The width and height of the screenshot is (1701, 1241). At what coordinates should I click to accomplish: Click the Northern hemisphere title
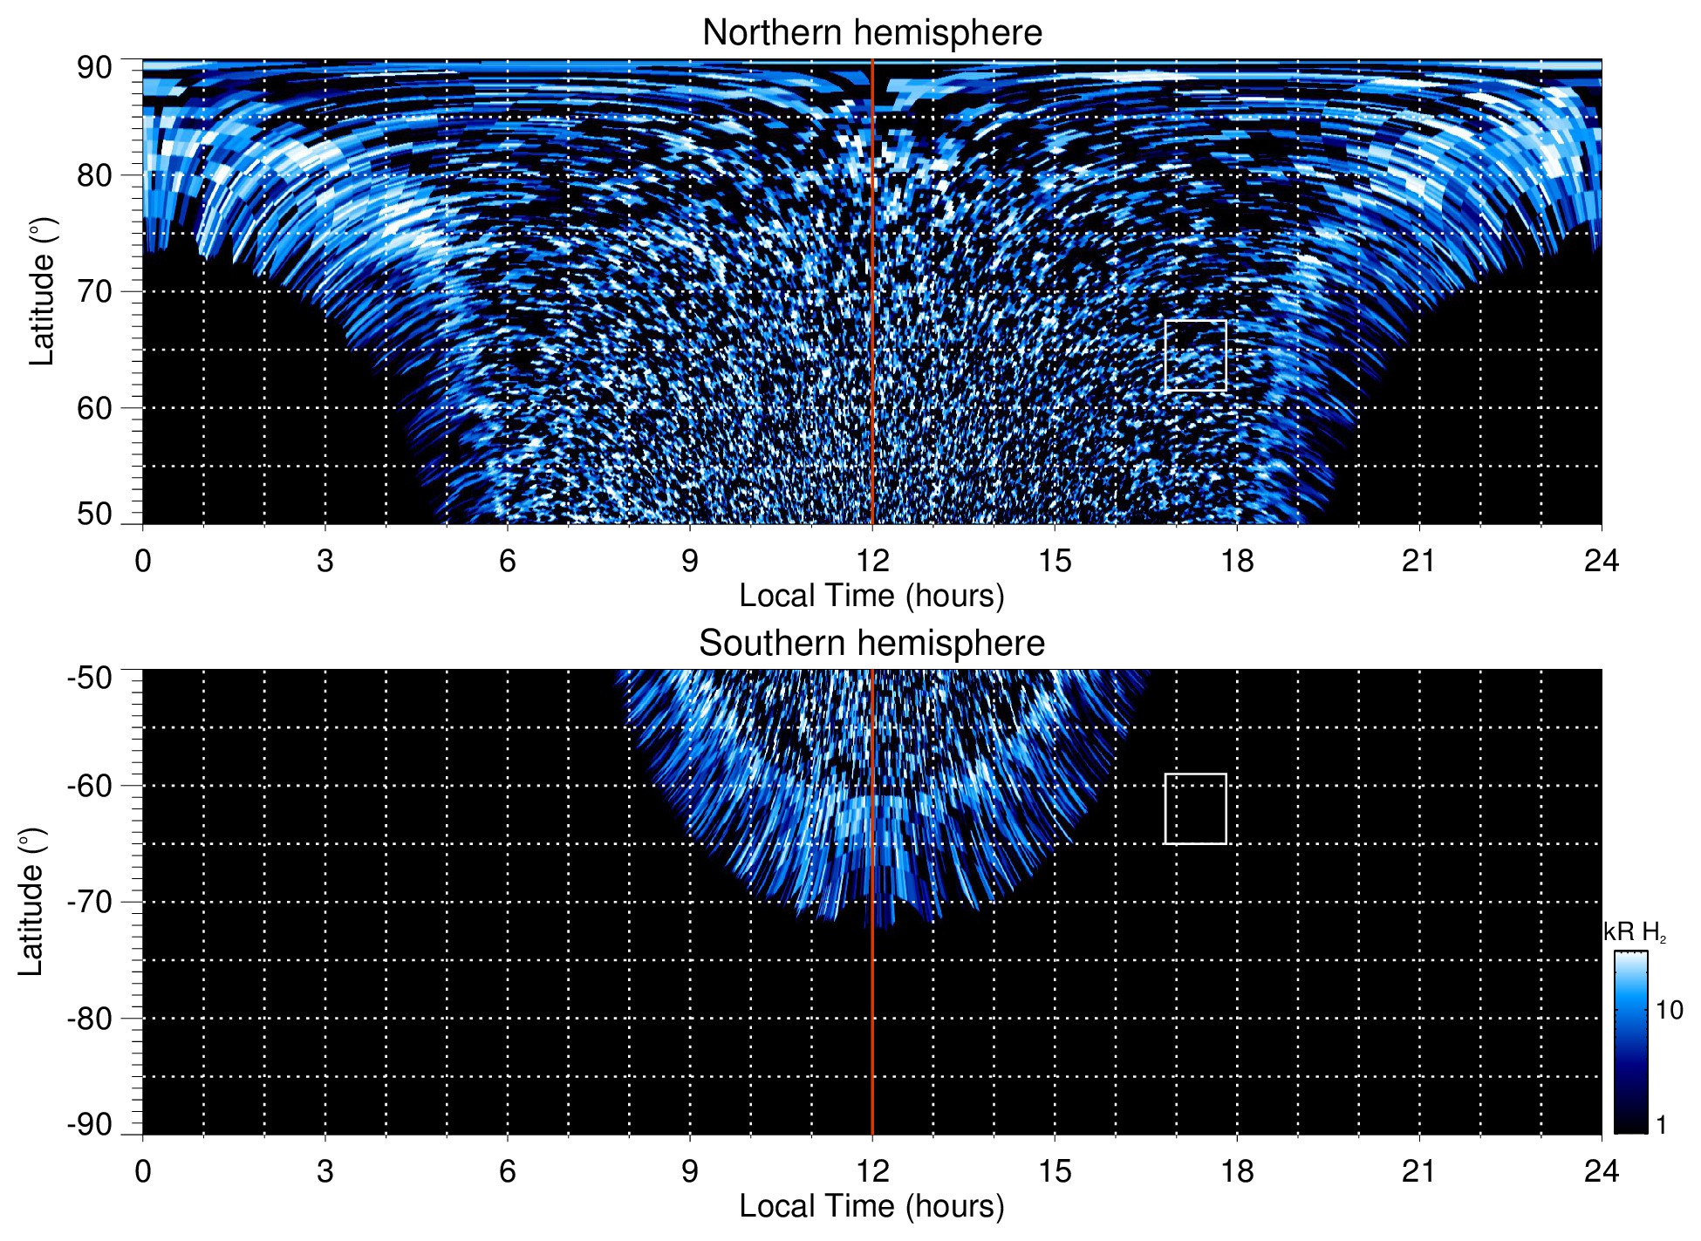click(x=871, y=33)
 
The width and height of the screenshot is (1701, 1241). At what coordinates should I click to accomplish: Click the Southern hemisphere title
click(x=871, y=644)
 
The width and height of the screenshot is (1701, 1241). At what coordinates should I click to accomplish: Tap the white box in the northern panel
click(x=1195, y=356)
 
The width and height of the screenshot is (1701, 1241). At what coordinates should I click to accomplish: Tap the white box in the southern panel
click(x=1195, y=808)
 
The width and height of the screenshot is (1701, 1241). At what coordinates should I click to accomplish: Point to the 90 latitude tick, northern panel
click(x=94, y=68)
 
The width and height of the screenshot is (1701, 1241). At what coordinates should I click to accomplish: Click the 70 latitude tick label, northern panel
click(x=94, y=292)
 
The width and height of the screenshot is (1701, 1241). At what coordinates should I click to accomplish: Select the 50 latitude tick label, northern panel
click(x=94, y=515)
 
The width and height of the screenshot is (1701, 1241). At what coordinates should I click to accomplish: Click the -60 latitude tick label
click(x=90, y=786)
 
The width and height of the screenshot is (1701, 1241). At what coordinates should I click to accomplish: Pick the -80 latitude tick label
click(x=90, y=1019)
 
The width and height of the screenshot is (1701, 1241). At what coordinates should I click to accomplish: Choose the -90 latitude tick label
click(x=90, y=1125)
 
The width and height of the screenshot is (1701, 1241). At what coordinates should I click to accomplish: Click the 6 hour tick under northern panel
click(x=508, y=561)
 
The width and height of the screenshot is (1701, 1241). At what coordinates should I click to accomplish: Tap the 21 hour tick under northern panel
click(x=1419, y=561)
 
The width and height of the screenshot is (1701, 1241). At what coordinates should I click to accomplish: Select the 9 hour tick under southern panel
click(x=690, y=1171)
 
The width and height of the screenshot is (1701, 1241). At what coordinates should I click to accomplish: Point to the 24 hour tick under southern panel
click(x=1601, y=1171)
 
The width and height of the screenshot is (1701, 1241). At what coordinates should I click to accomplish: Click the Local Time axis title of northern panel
click(x=871, y=596)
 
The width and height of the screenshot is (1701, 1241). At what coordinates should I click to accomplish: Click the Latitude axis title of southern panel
click(x=31, y=902)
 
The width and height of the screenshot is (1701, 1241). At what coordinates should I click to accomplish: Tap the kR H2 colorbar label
click(x=1635, y=932)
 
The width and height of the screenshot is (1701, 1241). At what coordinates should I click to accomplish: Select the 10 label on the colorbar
click(x=1669, y=1010)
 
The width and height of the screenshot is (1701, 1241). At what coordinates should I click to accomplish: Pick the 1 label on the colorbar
click(x=1661, y=1125)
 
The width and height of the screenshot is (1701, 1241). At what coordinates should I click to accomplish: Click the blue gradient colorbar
click(x=1630, y=1042)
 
